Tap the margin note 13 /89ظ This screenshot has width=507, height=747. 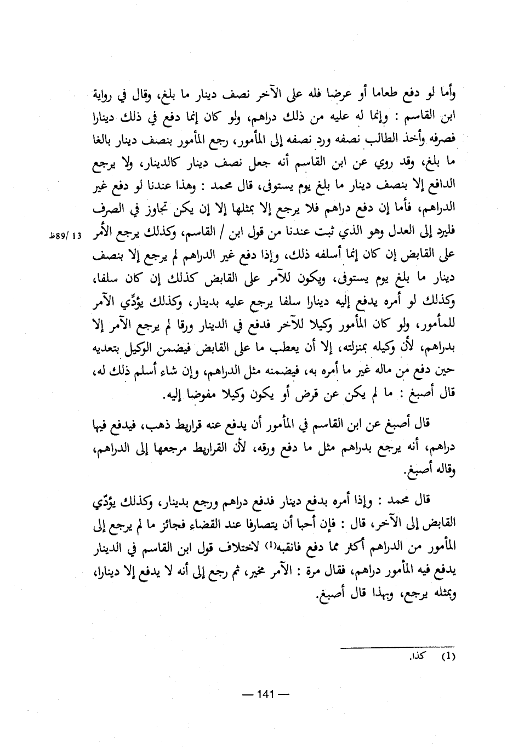pyautogui.click(x=65, y=237)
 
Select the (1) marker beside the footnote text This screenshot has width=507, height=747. pyautogui.click(x=448, y=655)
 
